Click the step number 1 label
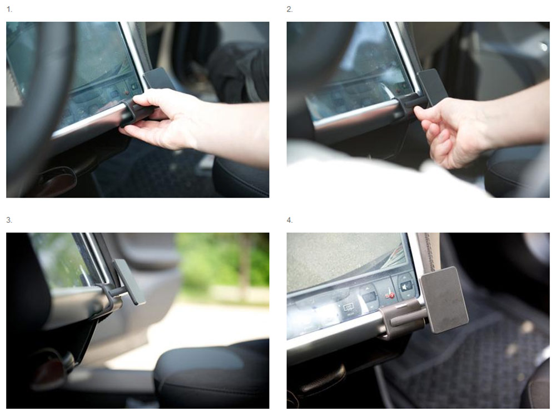(x=9, y=9)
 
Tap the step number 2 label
(x=290, y=9)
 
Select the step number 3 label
(x=9, y=220)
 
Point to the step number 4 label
(x=290, y=220)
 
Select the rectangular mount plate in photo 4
(x=444, y=300)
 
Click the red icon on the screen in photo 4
(x=391, y=295)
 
